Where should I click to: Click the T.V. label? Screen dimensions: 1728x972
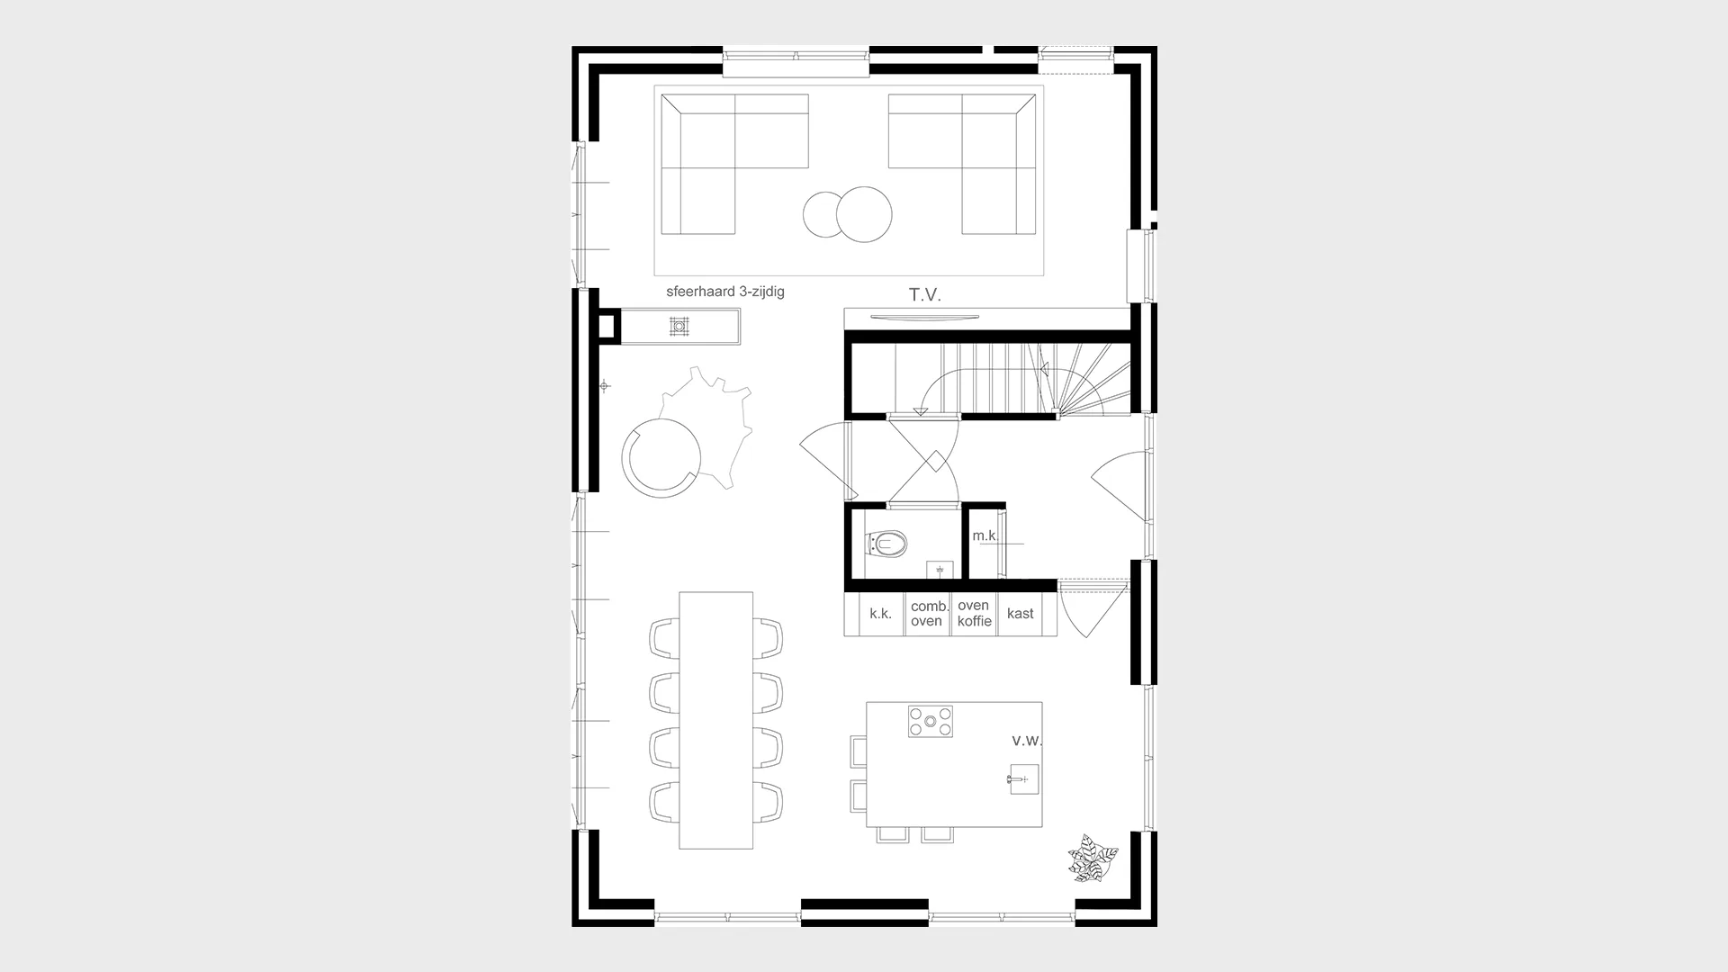924,295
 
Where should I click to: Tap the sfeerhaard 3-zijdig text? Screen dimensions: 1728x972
725,292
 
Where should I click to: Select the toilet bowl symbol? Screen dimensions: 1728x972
886,544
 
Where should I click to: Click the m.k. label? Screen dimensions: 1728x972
985,535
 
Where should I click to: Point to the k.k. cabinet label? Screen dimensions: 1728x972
880,614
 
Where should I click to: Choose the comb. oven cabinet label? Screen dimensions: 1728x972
927,614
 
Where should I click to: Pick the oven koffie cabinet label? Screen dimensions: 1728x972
974,613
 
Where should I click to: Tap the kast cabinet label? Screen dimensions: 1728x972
1021,614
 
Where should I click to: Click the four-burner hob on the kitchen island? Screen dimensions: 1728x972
931,721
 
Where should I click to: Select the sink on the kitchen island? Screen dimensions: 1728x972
1023,779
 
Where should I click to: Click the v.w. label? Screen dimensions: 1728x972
1027,741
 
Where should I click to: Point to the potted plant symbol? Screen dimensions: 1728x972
1093,858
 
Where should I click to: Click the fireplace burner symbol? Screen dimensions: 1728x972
679,326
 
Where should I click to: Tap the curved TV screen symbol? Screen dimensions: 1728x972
923,317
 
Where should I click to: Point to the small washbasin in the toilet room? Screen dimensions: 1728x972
940,571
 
